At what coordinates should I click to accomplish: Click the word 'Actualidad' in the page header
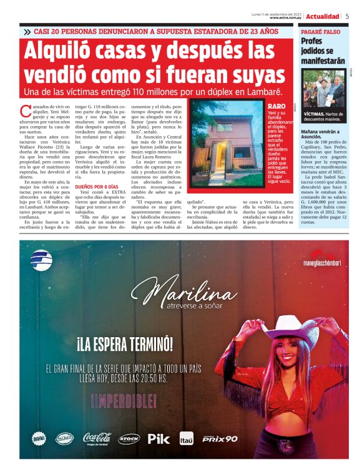tap(323, 16)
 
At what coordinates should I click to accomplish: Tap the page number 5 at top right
tap(347, 16)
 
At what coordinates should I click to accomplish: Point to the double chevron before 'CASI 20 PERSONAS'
tap(27, 31)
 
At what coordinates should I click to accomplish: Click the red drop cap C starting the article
tap(25, 111)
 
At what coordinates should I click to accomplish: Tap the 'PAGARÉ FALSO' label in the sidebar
tap(321, 31)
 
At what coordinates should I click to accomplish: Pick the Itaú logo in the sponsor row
tap(186, 438)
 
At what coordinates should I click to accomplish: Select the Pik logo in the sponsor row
tap(159, 438)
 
